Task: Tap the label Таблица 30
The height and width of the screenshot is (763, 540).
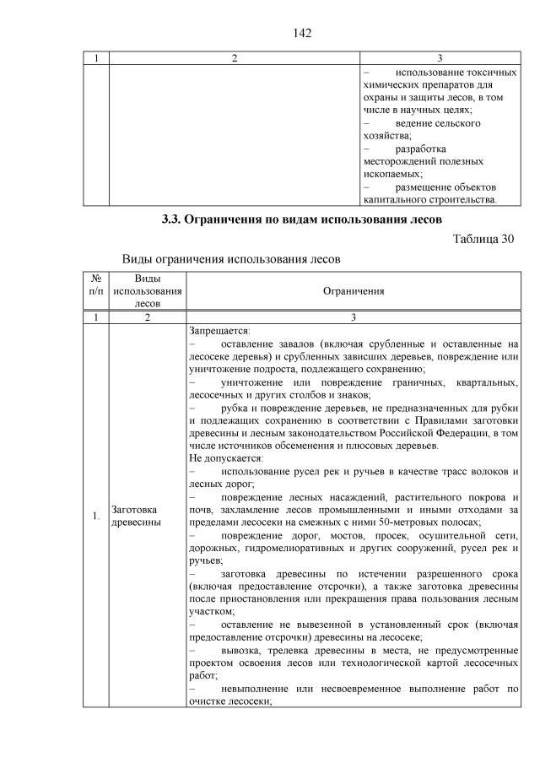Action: pos(483,239)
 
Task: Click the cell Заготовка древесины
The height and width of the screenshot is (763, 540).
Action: pos(135,517)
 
